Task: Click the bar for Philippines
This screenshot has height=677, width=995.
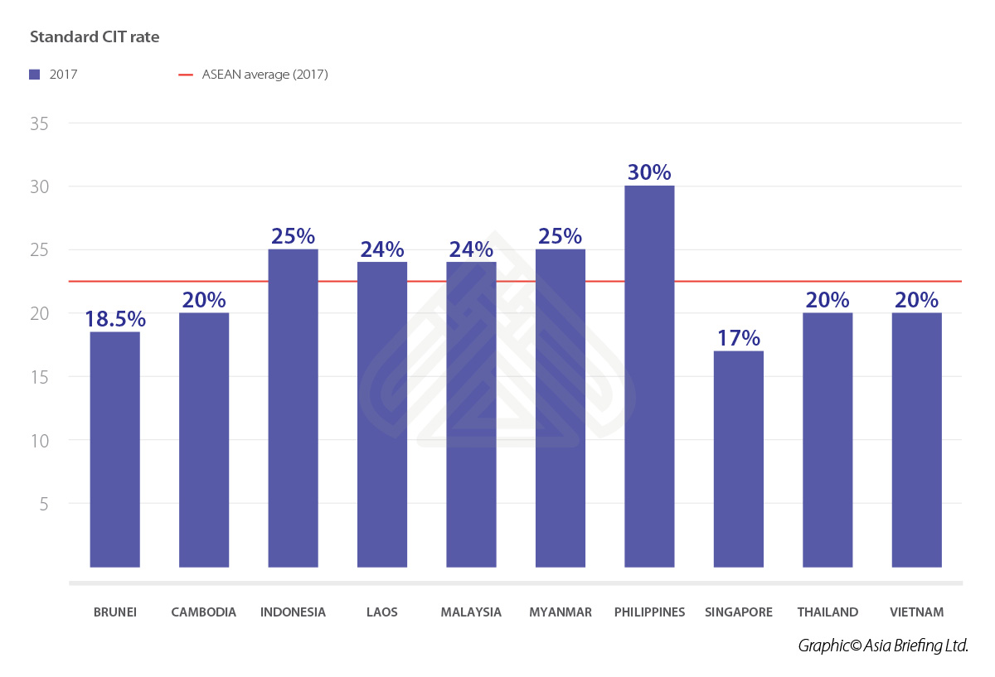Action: [649, 377]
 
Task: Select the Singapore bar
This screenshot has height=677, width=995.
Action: [738, 459]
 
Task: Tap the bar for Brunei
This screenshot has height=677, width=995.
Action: [114, 449]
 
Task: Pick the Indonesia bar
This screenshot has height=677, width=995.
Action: [293, 408]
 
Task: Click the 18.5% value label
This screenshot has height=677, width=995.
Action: [114, 319]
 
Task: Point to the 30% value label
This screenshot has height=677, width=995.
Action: [649, 172]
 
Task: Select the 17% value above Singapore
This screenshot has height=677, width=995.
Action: [738, 338]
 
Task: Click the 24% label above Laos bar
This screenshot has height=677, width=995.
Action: [382, 249]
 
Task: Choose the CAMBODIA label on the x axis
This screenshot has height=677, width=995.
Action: [204, 612]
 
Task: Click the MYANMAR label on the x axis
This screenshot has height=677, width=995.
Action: [561, 612]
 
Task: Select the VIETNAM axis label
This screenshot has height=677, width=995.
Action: [916, 612]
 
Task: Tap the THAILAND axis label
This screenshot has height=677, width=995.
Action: [828, 612]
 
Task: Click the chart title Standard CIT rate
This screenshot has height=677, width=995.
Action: [95, 37]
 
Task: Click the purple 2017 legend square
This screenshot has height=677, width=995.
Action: [35, 75]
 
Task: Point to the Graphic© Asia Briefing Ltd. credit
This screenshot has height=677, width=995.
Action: [883, 646]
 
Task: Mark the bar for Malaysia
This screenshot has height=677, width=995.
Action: [471, 414]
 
